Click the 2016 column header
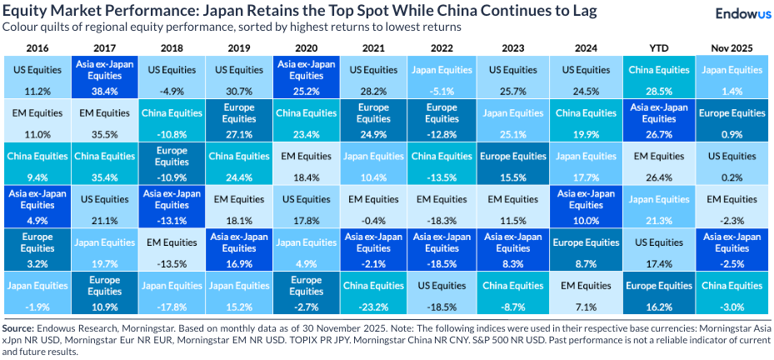(x=37, y=48)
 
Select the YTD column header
(x=656, y=48)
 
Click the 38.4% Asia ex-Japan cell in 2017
(x=105, y=77)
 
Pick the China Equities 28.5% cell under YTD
(x=656, y=77)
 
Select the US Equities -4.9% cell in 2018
(x=172, y=77)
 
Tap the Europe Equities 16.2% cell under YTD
(x=656, y=292)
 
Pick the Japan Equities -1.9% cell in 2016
(x=37, y=292)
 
